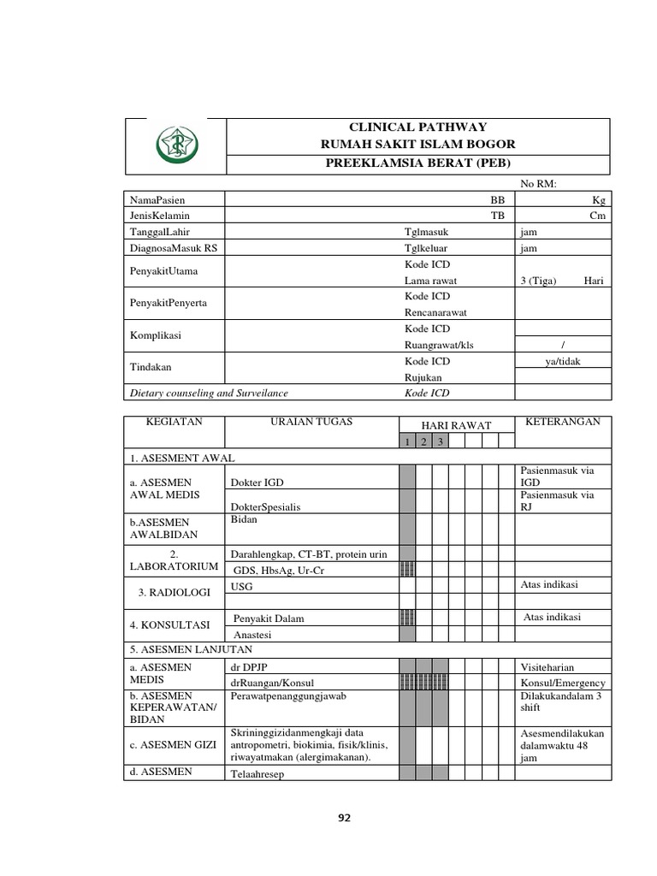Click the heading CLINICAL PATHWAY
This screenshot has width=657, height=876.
click(x=417, y=127)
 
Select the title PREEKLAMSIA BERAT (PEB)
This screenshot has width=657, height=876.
click(x=417, y=163)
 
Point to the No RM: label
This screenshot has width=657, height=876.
click(x=539, y=183)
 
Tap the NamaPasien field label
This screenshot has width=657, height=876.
click(x=158, y=198)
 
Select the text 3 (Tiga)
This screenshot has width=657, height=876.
click(x=540, y=281)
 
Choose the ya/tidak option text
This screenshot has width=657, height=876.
click(x=562, y=362)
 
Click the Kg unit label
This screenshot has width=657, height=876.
click(x=597, y=198)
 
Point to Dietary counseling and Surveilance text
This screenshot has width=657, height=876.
click(x=209, y=394)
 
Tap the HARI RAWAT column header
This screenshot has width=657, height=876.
click(x=457, y=425)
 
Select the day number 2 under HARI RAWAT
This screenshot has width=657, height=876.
click(x=423, y=441)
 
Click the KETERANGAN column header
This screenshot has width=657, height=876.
click(x=562, y=422)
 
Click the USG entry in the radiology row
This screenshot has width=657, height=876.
click(x=242, y=586)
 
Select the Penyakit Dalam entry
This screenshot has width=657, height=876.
click(x=269, y=619)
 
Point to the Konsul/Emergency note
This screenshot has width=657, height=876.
click(x=562, y=683)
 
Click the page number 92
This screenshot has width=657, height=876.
click(x=344, y=818)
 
